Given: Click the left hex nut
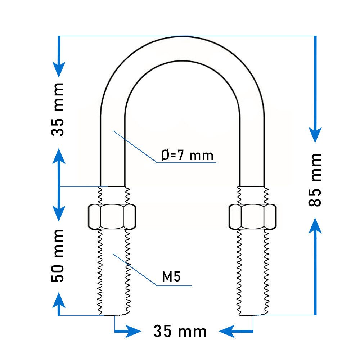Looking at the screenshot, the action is click(x=112, y=216).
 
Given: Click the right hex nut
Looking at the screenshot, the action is click(x=253, y=216).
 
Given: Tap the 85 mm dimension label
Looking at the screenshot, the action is click(x=315, y=180).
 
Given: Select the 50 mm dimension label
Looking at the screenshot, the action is click(x=58, y=256).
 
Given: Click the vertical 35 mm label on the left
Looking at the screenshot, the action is click(x=58, y=109).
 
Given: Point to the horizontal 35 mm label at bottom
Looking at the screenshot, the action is click(x=180, y=331).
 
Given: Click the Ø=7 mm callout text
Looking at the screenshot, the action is click(x=187, y=155).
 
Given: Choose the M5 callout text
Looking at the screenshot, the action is click(x=171, y=276).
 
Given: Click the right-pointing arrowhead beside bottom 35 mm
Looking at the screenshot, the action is click(x=133, y=331).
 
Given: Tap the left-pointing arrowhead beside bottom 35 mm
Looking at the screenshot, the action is click(x=227, y=331).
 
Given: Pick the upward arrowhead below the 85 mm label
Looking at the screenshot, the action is click(x=315, y=225).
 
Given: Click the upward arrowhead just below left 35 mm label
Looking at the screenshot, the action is click(x=59, y=156).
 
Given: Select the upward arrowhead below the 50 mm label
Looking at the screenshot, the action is click(x=59, y=300).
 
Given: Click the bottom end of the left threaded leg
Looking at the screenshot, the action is click(x=114, y=315).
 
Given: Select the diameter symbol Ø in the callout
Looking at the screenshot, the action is click(x=165, y=155).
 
